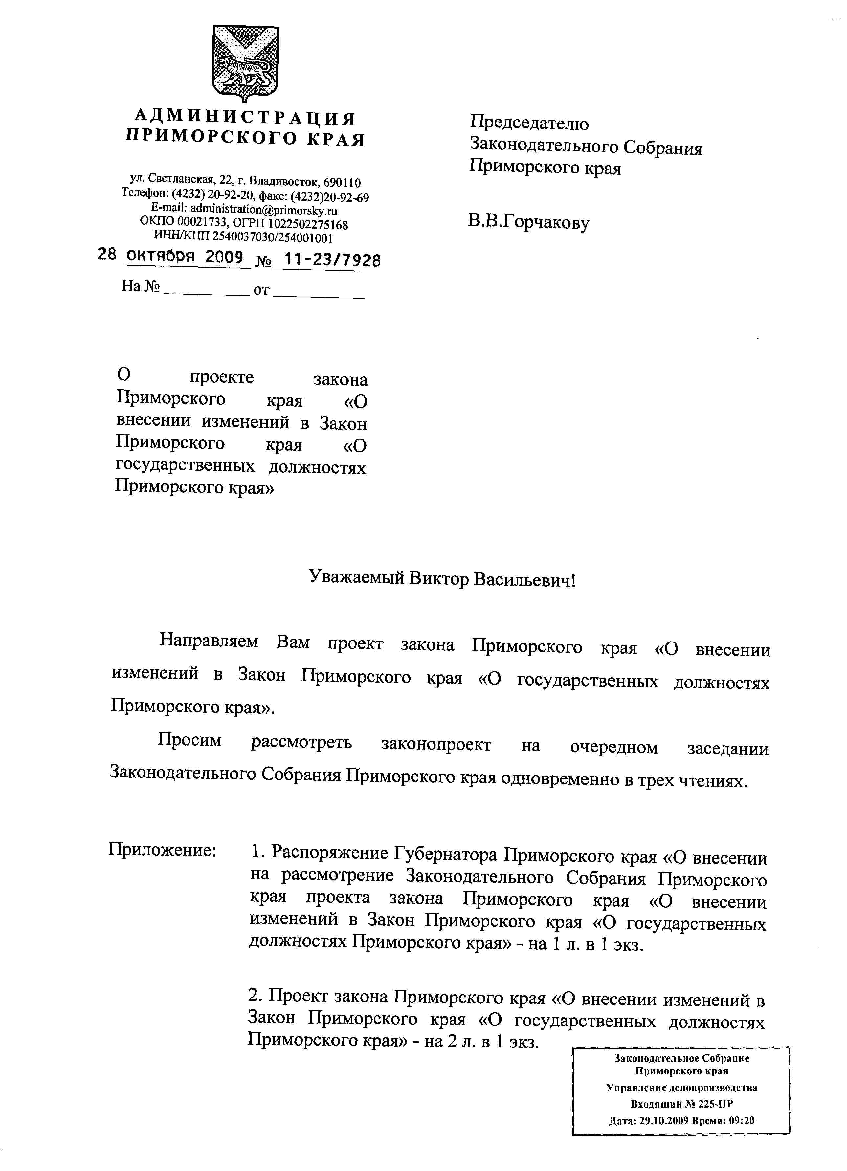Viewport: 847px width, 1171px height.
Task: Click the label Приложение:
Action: click(x=162, y=849)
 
